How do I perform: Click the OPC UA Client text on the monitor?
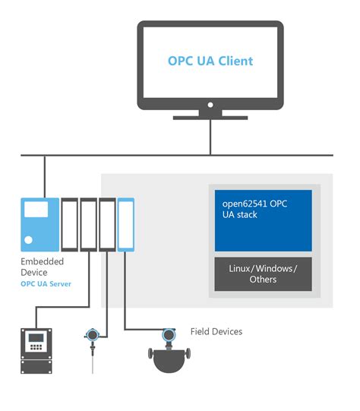210,61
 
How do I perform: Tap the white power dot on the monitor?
210,105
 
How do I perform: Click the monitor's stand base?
210,118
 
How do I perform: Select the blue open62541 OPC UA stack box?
263,220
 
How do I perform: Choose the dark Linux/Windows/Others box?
263,274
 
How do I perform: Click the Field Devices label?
216,331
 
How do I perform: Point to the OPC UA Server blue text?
46,284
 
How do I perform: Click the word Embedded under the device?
43,261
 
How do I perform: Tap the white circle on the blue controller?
28,239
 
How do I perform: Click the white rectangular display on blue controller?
36,209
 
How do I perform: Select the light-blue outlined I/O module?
126,225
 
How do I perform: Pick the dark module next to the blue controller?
69,225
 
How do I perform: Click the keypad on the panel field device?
36,347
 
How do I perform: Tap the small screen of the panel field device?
36,338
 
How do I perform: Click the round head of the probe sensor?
92,335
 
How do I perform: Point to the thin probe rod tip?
93,373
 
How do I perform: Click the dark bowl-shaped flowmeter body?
169,361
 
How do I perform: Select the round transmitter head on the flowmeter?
169,335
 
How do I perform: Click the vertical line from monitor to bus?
210,137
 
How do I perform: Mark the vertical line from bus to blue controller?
45,177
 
